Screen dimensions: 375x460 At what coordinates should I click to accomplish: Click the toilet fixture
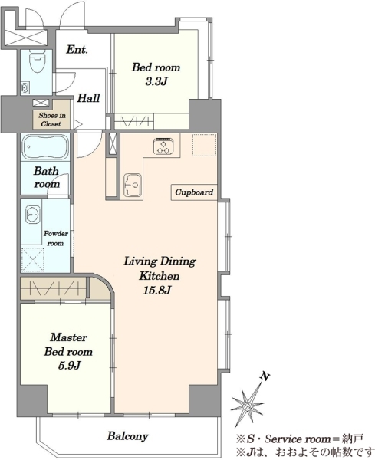[x=36, y=62]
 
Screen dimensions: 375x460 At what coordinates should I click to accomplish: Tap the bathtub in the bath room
[x=45, y=146]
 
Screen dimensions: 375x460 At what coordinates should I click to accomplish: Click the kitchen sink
[x=133, y=185]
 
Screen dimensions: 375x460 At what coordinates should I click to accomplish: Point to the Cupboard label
[x=194, y=192]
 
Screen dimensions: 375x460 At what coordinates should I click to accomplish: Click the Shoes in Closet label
[x=51, y=120]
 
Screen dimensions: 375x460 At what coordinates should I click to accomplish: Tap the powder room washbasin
[x=32, y=214]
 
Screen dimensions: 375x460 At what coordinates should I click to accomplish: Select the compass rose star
[x=248, y=405]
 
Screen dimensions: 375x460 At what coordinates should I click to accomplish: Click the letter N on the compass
[x=265, y=376]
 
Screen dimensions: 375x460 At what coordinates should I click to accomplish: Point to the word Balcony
[x=127, y=436]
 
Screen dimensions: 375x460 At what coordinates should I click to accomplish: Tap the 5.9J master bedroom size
[x=69, y=366]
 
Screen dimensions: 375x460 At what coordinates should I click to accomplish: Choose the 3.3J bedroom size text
[x=156, y=81]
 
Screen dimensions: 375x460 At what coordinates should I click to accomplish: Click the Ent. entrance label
[x=77, y=49]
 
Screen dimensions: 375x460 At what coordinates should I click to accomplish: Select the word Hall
[x=89, y=98]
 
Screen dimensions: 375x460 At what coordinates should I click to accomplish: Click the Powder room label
[x=56, y=238]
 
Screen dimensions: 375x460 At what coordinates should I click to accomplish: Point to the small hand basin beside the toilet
[x=25, y=87]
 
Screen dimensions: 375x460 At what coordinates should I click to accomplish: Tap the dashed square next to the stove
[x=205, y=145]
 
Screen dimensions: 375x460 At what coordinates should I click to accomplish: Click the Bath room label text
[x=47, y=178]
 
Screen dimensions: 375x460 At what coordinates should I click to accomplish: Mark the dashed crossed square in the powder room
[x=32, y=259]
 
